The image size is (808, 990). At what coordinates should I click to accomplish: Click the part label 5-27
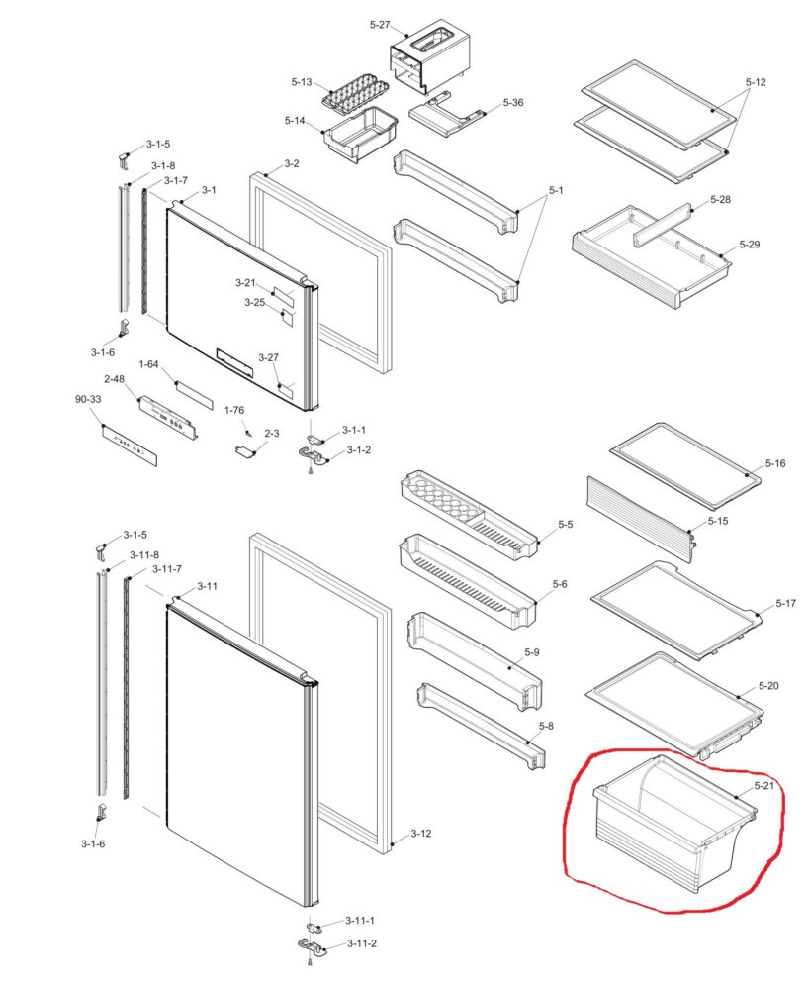point(380,25)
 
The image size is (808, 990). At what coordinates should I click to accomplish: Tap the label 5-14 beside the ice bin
point(295,120)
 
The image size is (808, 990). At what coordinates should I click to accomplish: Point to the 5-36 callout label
point(513,102)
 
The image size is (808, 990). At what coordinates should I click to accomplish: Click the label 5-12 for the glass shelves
point(755,82)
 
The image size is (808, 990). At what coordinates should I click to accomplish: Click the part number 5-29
point(750,245)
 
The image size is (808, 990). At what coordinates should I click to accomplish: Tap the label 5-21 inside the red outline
point(763,785)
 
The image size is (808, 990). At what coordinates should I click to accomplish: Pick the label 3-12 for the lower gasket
point(421,834)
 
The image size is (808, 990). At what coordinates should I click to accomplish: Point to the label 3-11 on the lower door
point(207,586)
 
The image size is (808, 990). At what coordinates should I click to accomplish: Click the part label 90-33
point(88,399)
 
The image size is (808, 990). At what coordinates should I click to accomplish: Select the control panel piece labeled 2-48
point(169,418)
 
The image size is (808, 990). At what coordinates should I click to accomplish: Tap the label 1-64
point(148,364)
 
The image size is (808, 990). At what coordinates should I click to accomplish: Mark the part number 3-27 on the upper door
point(268,357)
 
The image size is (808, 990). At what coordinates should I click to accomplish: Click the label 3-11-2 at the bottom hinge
point(361,943)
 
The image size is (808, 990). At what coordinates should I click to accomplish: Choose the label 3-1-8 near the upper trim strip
point(163,165)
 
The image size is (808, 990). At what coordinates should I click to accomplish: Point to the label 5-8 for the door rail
point(546,726)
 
